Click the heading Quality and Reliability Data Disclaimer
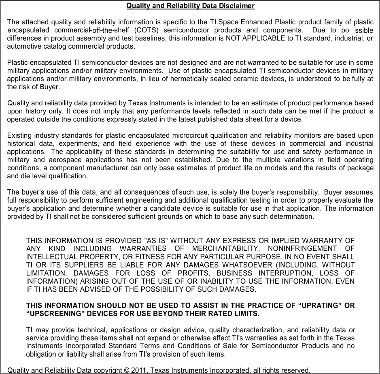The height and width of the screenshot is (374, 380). pos(190,6)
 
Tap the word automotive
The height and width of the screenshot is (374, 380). pos(23,47)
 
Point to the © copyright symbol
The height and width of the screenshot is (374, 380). pos(128,370)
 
